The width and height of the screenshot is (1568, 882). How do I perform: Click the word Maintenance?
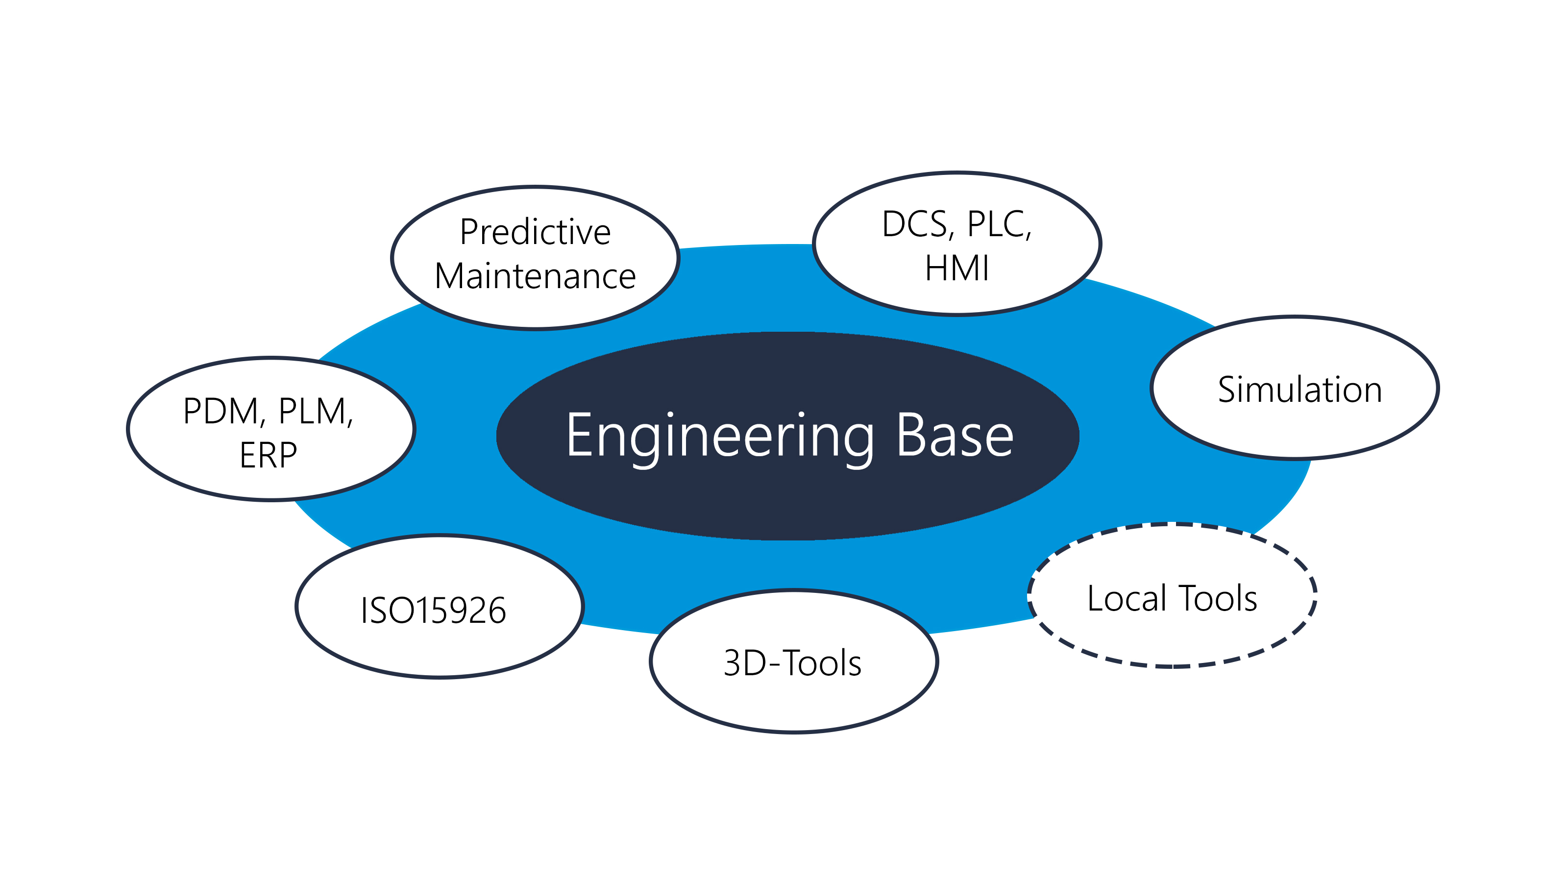(535, 276)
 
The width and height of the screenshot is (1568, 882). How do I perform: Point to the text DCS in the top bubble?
(915, 224)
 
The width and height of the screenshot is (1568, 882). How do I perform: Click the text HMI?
(956, 269)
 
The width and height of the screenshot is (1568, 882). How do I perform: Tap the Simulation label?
(1299, 390)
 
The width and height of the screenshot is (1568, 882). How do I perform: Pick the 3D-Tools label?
(792, 663)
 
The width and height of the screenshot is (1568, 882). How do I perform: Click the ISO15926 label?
(433, 611)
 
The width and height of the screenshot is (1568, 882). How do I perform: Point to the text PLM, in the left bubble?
(315, 412)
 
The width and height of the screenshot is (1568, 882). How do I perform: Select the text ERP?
(269, 455)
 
